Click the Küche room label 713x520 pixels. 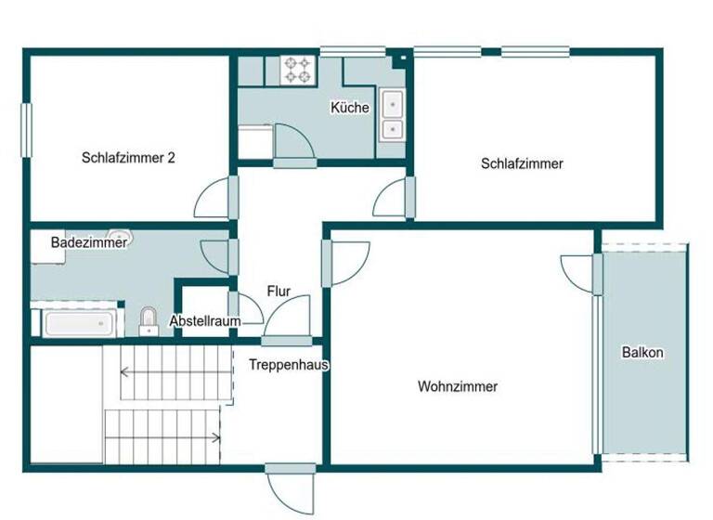350,108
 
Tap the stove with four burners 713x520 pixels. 297,70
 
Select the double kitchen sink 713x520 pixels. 393,115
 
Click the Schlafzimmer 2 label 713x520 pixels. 128,158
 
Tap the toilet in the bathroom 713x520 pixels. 149,321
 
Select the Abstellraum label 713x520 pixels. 204,321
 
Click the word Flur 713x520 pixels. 279,292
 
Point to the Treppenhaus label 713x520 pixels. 289,365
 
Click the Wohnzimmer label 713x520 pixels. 458,386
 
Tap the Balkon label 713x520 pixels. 642,353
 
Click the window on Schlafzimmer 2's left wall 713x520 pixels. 28,129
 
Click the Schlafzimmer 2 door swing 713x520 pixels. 214,197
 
